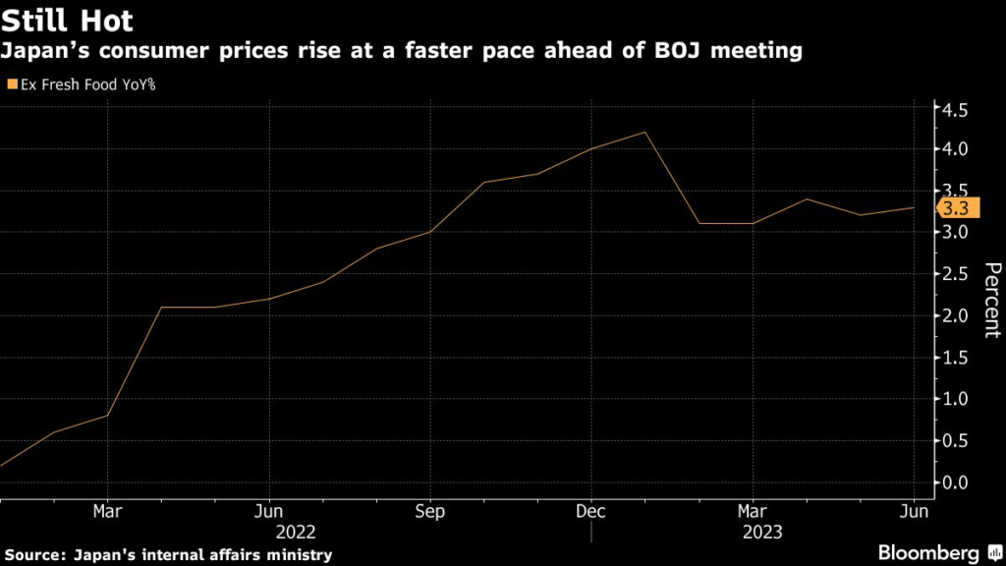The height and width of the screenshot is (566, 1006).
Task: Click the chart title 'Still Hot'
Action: (68, 20)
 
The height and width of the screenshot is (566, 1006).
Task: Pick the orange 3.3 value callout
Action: (954, 208)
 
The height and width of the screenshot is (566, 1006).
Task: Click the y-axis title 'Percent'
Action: (991, 300)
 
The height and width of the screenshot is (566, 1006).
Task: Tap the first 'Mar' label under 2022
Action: (107, 512)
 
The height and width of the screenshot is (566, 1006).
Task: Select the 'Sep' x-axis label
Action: (430, 512)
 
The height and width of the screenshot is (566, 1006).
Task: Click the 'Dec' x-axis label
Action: (591, 512)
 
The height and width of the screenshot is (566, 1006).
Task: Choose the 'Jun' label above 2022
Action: (269, 512)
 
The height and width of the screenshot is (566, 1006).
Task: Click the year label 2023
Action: (753, 533)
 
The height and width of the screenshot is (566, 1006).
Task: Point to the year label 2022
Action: (296, 533)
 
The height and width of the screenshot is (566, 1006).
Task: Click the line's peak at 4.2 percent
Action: (644, 132)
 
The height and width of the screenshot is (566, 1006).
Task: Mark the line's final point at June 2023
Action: (915, 207)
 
